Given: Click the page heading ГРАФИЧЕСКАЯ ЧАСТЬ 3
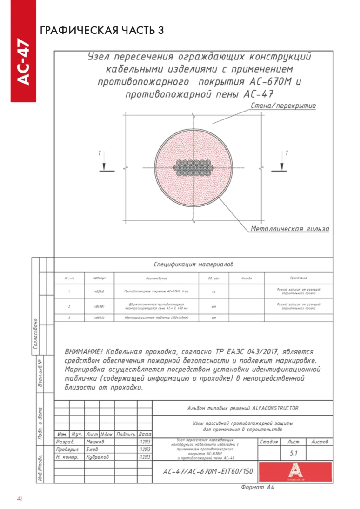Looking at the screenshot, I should pos(102,31).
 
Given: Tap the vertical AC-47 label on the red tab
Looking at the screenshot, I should pos(23,63).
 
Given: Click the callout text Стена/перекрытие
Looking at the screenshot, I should pos(283,106).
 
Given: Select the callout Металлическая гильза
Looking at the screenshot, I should pos(290,229).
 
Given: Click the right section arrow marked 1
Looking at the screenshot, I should pos(281,162).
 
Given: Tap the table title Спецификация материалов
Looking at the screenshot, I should pos(194,264).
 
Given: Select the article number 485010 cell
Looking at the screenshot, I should pos(99,292).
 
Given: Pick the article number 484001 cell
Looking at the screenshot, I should pos(99,307).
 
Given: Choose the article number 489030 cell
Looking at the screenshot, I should pos(99,318).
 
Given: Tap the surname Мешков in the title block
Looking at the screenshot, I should pos(96,442).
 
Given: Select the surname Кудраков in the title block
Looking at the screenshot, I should pos(98,457).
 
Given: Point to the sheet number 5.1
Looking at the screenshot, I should pos(293,453).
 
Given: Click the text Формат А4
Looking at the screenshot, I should pos(258,488).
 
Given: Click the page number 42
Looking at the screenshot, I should pos(20,499).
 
